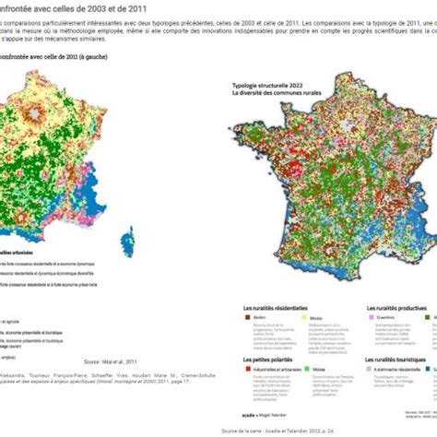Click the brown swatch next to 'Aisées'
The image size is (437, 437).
246,317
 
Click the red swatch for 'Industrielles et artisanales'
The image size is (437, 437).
246,369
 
